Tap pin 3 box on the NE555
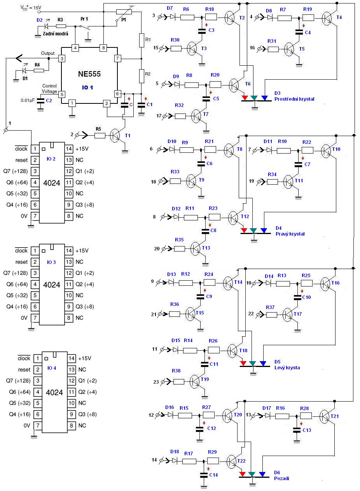click(61, 59)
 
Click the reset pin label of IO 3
click(22, 262)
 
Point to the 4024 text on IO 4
click(54, 392)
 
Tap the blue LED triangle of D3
click(264, 98)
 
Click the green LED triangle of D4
click(253, 231)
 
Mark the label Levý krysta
click(287, 367)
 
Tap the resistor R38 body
click(178, 382)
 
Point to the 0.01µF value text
click(28, 100)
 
